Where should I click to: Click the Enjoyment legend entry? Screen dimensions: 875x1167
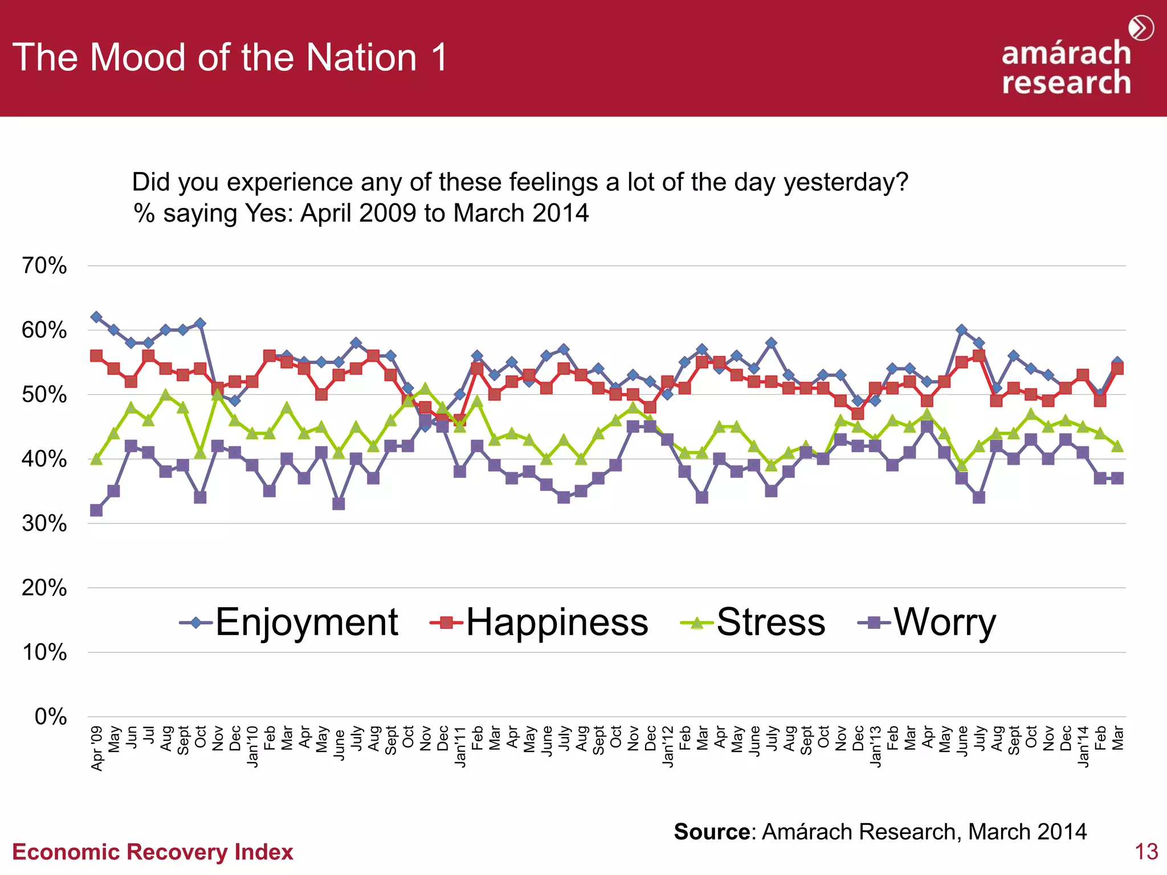306,622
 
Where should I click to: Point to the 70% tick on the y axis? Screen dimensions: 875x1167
44,266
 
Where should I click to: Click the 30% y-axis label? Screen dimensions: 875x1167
44,524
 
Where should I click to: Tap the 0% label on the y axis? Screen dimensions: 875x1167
50,717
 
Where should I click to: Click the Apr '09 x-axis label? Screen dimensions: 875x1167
97,748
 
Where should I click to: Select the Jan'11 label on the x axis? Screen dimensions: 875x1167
460,746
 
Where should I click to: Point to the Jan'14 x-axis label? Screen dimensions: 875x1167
1083,746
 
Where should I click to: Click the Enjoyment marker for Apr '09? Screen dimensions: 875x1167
96,317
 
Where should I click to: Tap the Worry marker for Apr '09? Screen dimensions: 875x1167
96,510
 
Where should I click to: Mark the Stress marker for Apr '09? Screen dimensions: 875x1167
96,459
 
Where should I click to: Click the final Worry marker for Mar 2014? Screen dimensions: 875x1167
1117,478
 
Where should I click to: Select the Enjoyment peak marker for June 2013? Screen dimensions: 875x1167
962,330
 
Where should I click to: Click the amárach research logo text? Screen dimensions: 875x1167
1066,67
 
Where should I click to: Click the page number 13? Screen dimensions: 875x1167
1146,852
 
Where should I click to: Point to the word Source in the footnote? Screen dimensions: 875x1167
712,832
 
